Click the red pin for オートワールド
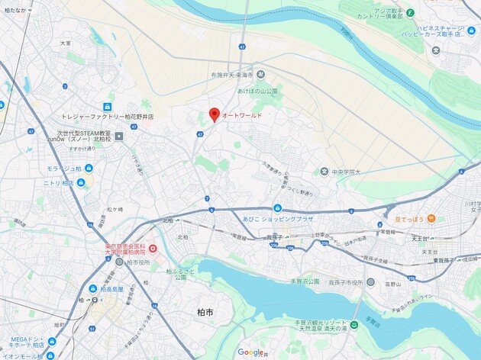(215, 114)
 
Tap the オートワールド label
(243, 115)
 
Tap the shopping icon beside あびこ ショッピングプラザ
(277, 207)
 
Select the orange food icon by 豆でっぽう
(431, 219)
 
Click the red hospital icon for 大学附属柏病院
(153, 249)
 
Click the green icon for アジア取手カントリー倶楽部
(410, 13)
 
